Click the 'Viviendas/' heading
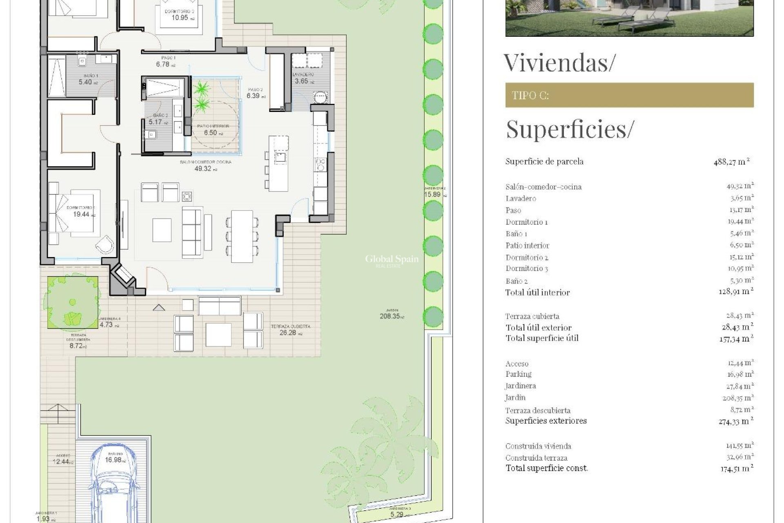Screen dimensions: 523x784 pos(558,63)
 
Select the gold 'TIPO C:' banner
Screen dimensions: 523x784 pos(629,95)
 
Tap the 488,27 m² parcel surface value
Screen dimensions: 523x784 pos(731,162)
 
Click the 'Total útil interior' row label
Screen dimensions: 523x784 pos(537,293)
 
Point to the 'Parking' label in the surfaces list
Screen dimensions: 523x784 pos(519,374)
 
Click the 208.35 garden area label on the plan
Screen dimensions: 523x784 pos(391,316)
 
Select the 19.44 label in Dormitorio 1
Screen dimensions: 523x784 pos(81,214)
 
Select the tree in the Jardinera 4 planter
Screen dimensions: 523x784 pos(72,303)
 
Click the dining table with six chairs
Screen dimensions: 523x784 pos(242,236)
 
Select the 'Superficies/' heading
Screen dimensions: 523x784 pos(570,129)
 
